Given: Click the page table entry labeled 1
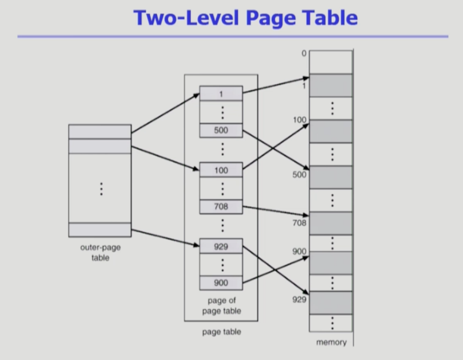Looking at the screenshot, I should pos(221,93).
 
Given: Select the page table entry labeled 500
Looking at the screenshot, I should pos(221,130).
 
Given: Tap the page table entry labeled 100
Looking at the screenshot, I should pos(221,170).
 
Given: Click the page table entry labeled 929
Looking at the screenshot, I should pos(221,246).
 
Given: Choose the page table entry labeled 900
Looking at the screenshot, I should pos(221,283).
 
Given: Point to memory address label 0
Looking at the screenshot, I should pos(304,54).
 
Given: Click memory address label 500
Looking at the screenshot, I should pos(299,174).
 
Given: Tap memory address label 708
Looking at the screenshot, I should pos(299,223).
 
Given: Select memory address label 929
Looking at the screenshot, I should pos(299,300).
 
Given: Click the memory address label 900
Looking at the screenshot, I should pos(299,251).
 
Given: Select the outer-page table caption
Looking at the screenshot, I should pos(100,253).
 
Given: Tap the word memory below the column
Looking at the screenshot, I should pos(331,342).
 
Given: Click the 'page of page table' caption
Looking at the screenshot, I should pos(221,306).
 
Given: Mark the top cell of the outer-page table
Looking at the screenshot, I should pos(100,132).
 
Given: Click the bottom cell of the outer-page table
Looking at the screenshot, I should pos(100,230).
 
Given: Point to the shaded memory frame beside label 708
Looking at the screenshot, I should pos(331,223).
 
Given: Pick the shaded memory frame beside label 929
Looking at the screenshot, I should pos(331,303).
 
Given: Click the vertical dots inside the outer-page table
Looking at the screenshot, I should pos(102,189).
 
